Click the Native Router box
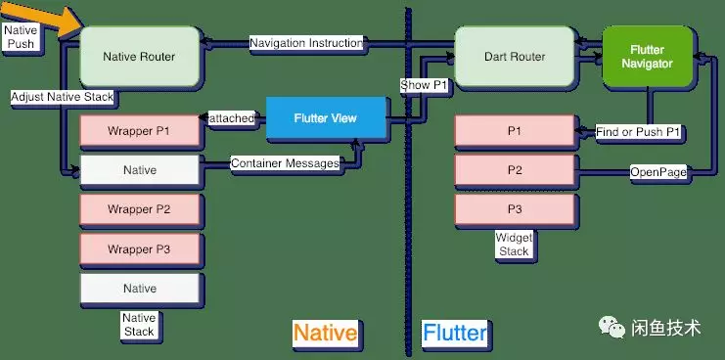point(139,57)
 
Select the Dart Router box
point(514,57)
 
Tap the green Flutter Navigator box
point(648,57)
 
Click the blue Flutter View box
point(326,118)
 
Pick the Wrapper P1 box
point(139,130)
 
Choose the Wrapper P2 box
point(139,209)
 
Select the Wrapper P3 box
point(139,249)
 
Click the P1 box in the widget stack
point(514,130)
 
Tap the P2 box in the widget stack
point(514,170)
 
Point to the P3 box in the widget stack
point(514,209)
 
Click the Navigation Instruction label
point(306,43)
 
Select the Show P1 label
point(425,85)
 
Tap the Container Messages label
point(285,163)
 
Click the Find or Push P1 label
point(639,131)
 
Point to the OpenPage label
point(658,171)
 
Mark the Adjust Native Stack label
point(63,98)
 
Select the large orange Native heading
point(325,333)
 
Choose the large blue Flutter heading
point(455,333)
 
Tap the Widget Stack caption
point(514,245)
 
